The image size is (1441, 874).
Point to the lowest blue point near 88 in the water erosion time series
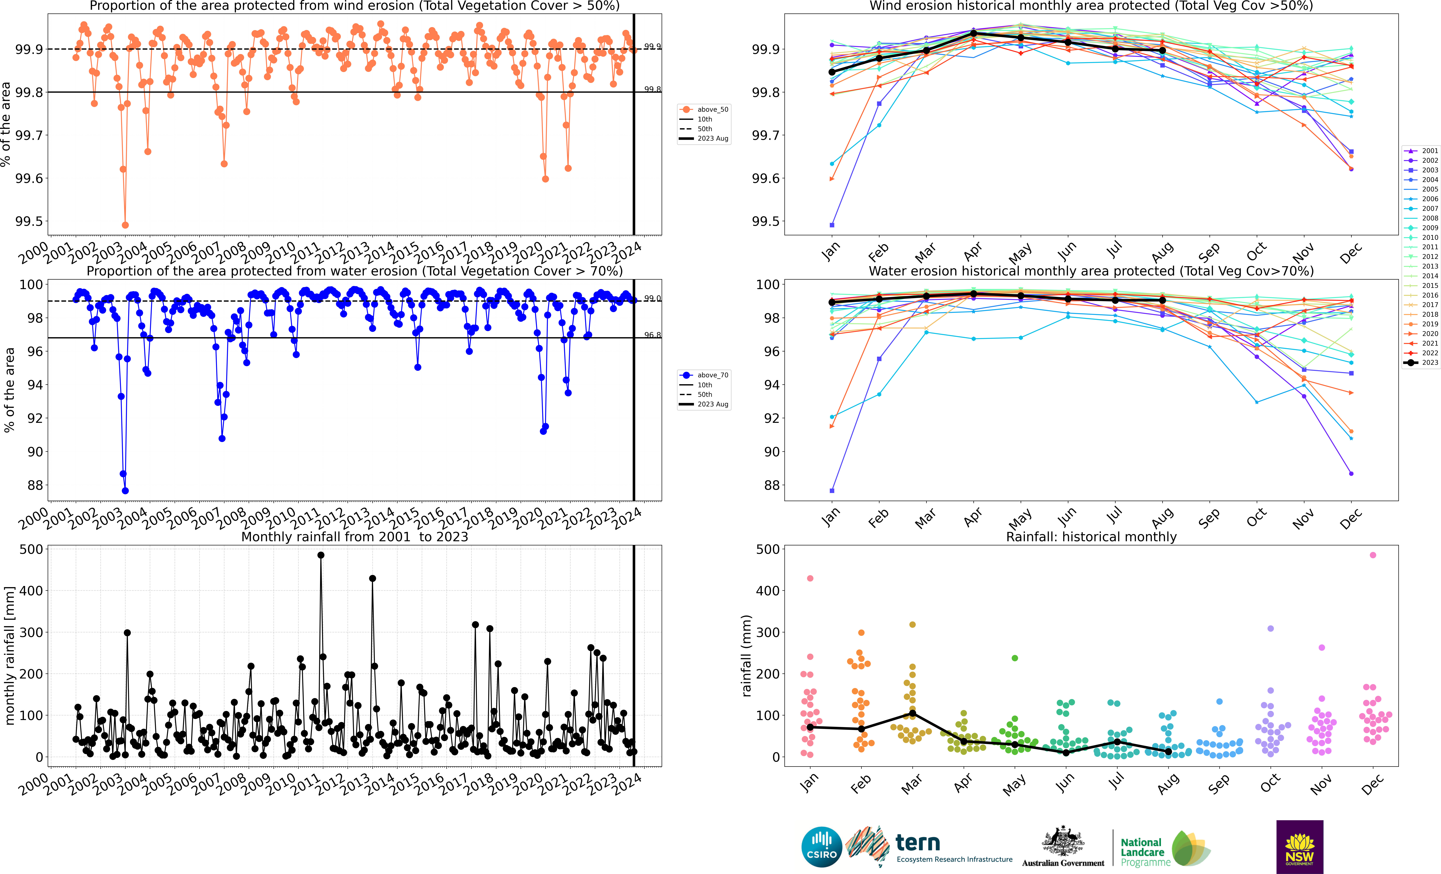[x=125, y=491]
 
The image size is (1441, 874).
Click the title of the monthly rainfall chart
[x=354, y=537]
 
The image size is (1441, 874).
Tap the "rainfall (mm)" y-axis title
[x=746, y=656]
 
